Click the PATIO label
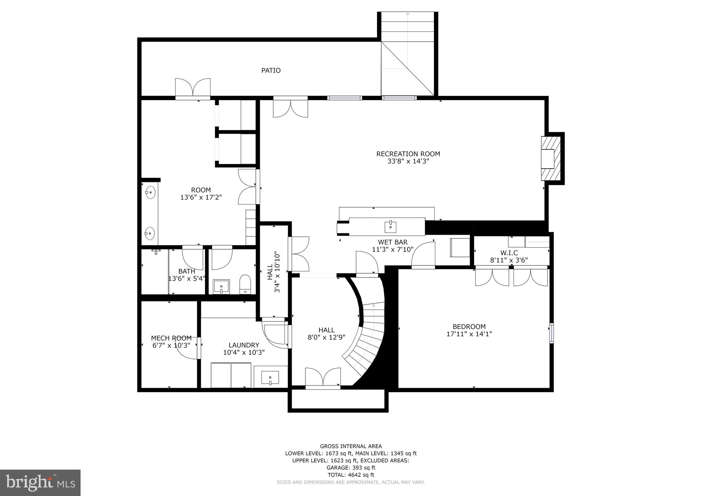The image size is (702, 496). click(271, 71)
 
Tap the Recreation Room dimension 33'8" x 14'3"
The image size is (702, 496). click(408, 161)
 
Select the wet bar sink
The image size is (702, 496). click(390, 226)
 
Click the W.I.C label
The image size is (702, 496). click(509, 253)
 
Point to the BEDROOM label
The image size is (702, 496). click(469, 326)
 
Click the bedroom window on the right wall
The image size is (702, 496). click(551, 333)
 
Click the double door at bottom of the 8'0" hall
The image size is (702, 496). click(323, 379)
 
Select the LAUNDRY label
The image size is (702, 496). click(244, 345)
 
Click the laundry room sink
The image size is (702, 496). click(270, 378)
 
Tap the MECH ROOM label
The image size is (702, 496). click(171, 338)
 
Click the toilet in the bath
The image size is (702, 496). click(245, 284)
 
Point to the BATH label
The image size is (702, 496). click(186, 271)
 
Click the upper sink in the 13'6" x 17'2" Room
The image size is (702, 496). click(150, 193)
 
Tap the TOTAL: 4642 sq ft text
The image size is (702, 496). click(351, 475)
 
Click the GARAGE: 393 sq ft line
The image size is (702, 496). click(351, 468)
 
